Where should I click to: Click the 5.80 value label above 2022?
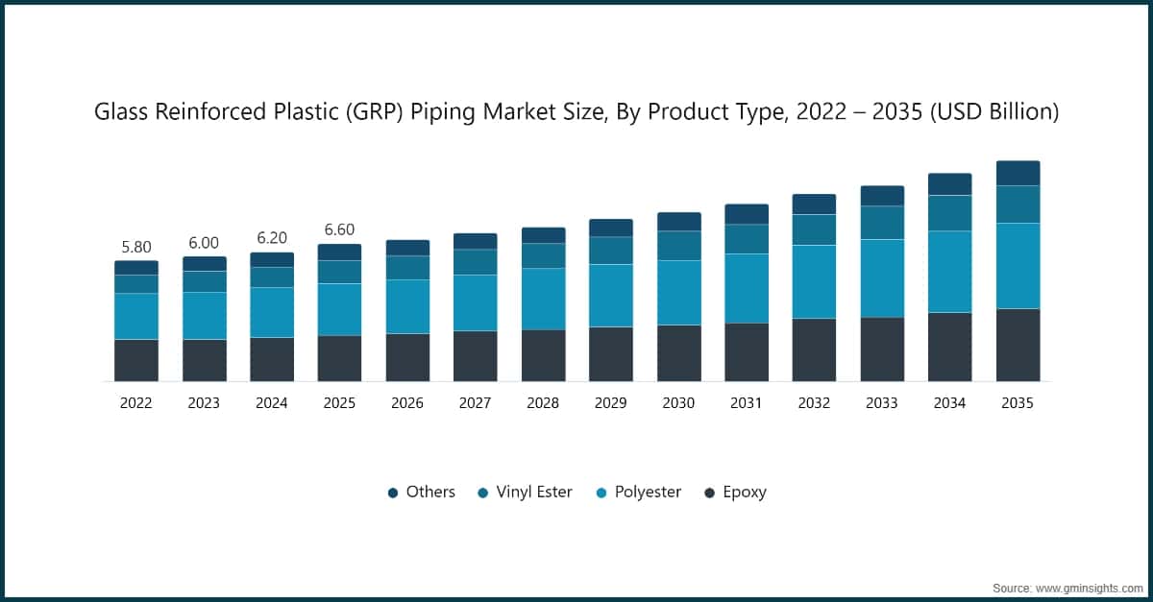[x=136, y=247]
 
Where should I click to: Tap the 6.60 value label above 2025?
[x=339, y=230]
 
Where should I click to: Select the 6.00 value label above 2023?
[x=204, y=243]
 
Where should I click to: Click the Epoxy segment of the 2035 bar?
[x=1018, y=345]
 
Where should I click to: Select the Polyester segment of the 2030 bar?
[x=678, y=293]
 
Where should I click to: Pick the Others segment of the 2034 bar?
[x=949, y=184]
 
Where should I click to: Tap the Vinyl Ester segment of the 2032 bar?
[x=814, y=229]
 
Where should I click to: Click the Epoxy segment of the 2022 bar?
[x=136, y=360]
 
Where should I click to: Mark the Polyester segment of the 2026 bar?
[x=407, y=306]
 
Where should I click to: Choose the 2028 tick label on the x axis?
[x=543, y=403]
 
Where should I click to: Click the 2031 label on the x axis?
[x=746, y=403]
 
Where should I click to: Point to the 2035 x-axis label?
[x=1018, y=403]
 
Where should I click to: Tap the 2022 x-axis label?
[x=136, y=403]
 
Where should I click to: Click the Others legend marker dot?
[x=393, y=493]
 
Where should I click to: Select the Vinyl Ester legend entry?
[x=533, y=492]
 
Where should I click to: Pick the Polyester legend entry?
[x=647, y=492]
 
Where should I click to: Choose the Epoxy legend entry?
[x=744, y=492]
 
